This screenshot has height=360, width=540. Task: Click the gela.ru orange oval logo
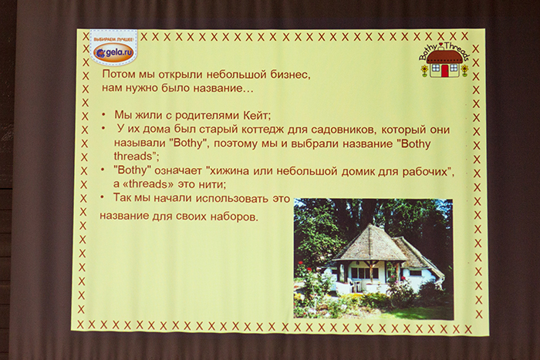coord(113,53)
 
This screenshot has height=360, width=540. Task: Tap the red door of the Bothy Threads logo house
coord(444,70)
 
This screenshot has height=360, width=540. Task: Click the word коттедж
coord(258,130)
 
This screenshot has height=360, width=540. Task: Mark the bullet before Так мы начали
coord(102,197)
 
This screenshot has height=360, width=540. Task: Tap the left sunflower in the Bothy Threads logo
coord(424,70)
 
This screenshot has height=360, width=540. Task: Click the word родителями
coord(198,116)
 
